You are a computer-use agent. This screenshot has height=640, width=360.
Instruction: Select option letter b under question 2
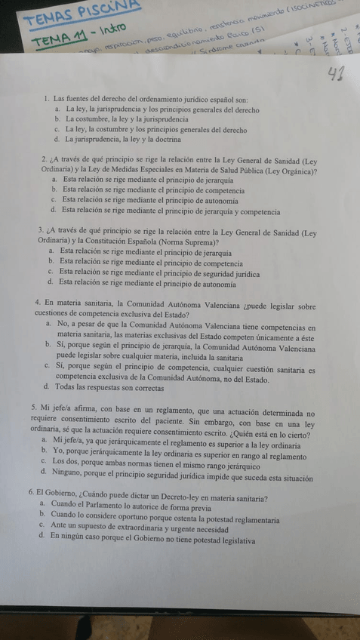[54, 190]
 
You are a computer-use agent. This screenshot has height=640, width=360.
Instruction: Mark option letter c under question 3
[50, 270]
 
